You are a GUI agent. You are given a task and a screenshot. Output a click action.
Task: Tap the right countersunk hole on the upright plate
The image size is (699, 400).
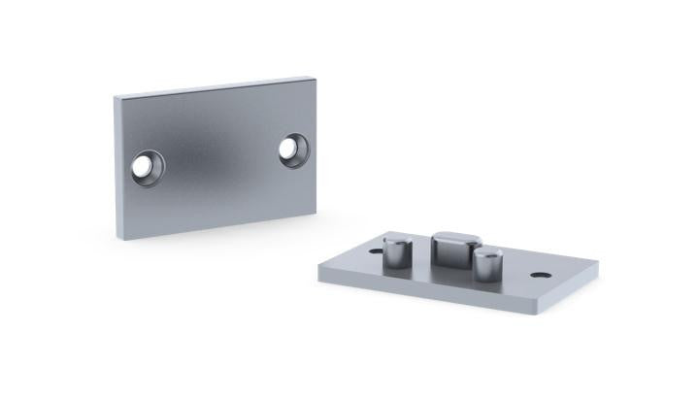coord(293,150)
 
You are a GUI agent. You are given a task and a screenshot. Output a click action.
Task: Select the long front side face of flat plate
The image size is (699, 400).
coord(427,295)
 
